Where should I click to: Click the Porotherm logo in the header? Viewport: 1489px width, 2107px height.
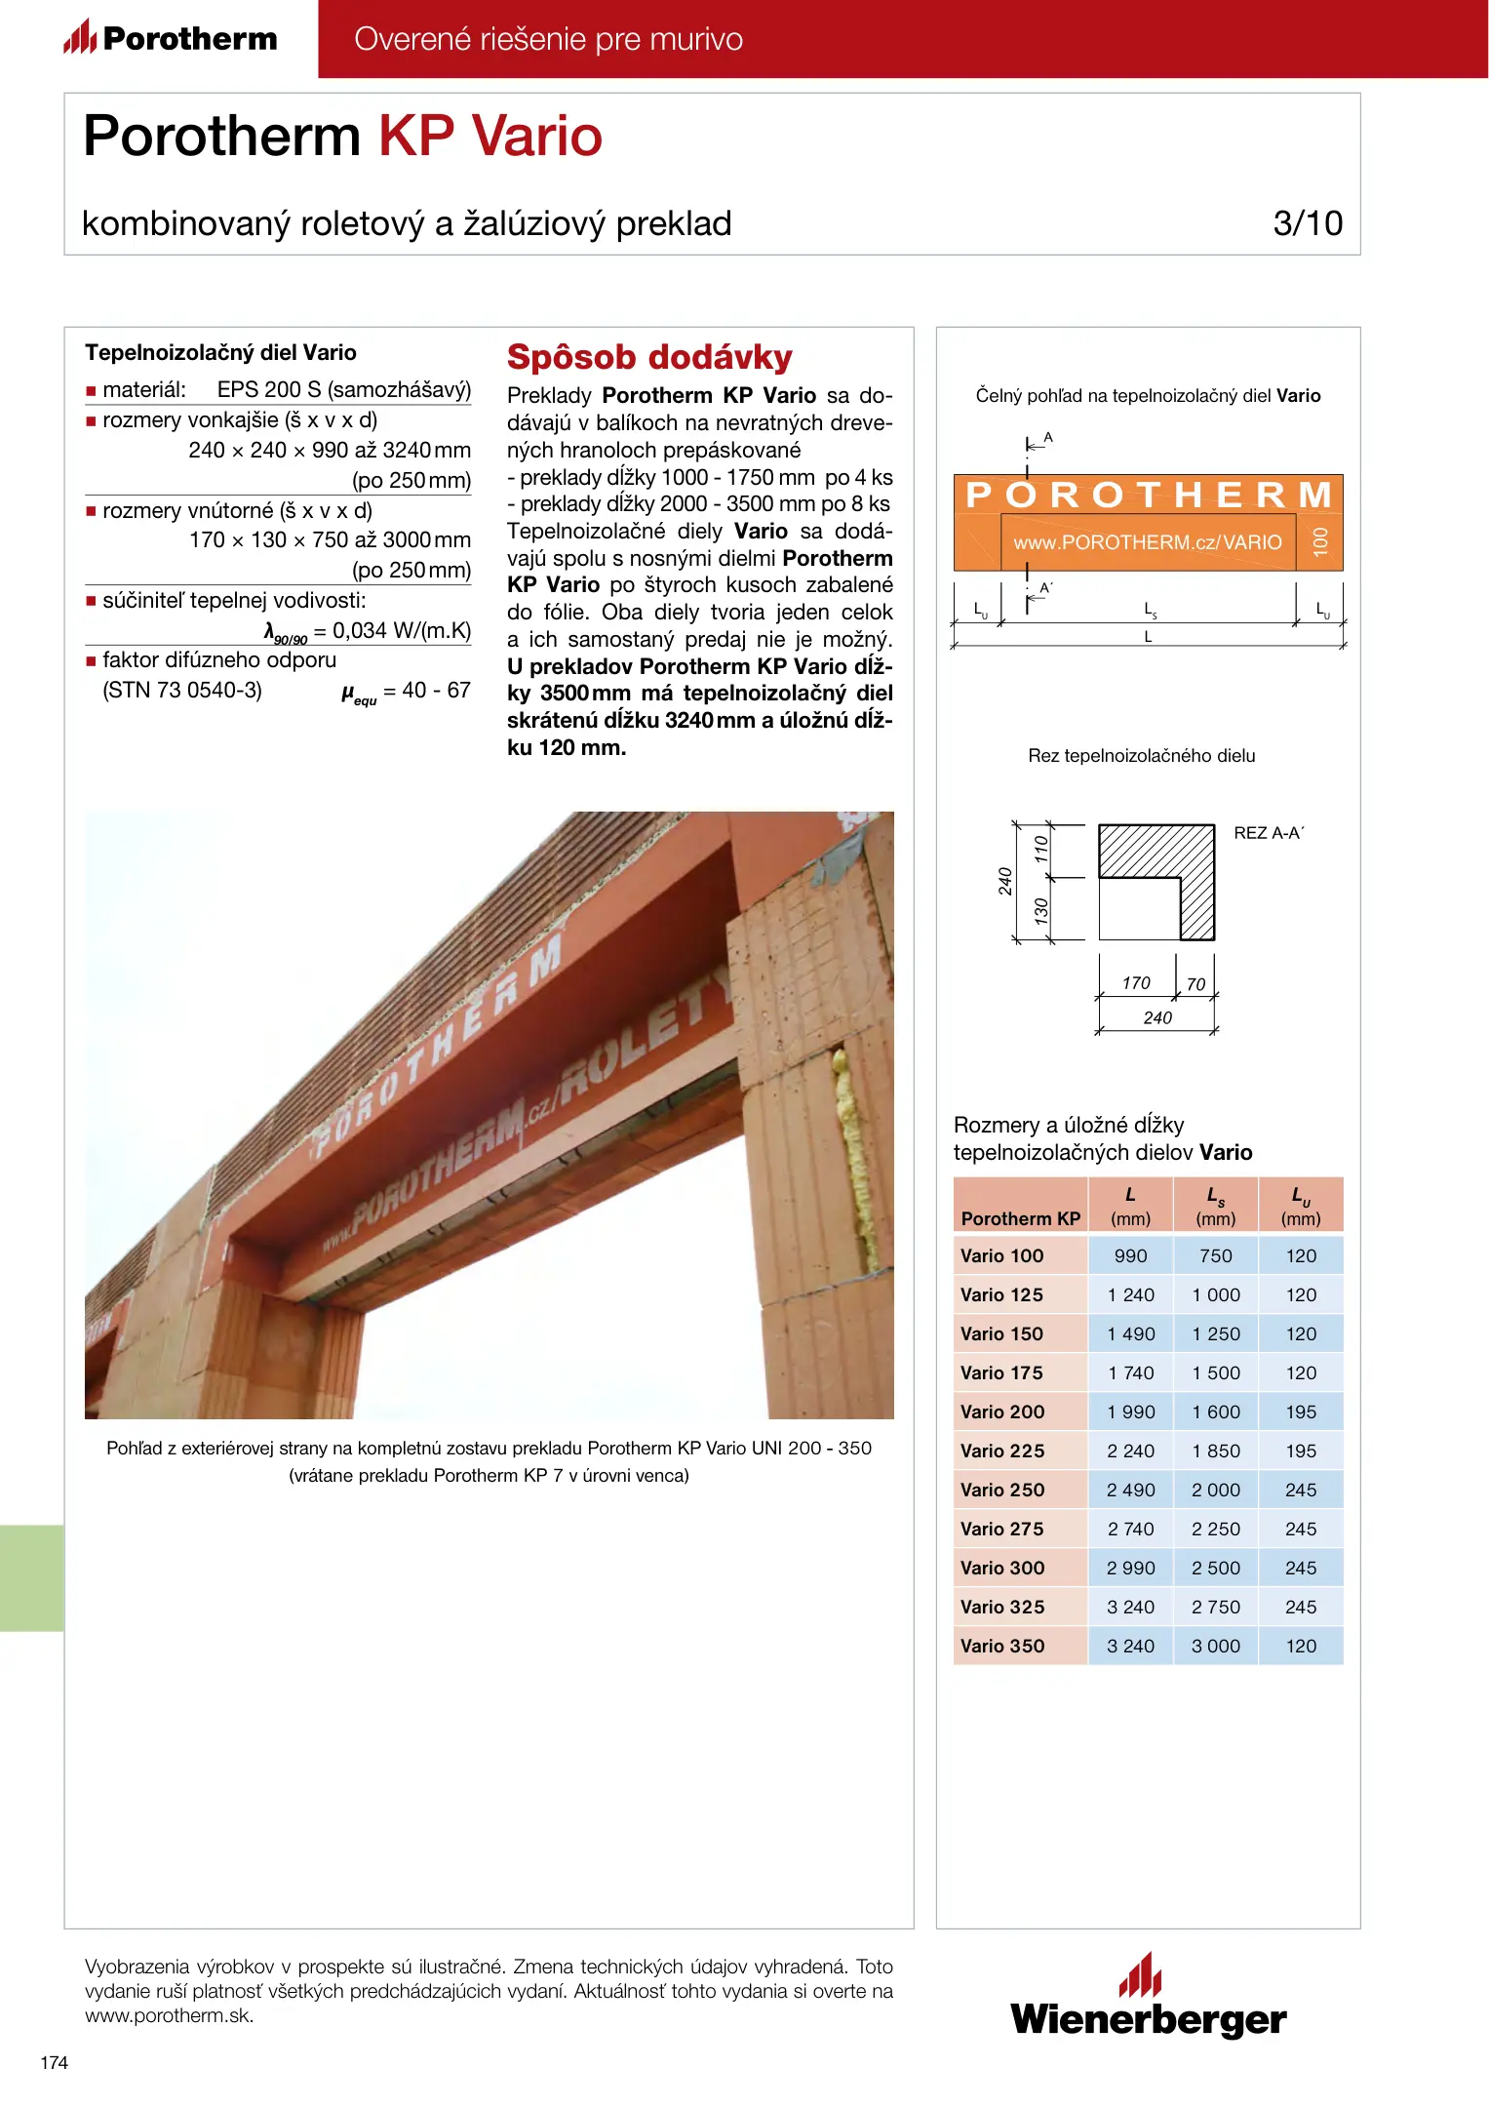(x=171, y=38)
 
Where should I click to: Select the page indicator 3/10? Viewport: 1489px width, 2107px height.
(x=1308, y=223)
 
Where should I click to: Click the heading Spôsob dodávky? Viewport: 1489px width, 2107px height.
(x=649, y=357)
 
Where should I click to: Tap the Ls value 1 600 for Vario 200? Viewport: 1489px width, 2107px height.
(x=1216, y=1411)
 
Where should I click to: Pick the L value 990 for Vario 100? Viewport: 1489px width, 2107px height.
(x=1130, y=1255)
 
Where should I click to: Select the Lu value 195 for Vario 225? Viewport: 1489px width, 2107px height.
(x=1301, y=1451)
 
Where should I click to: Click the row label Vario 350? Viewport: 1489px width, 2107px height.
(x=1002, y=1646)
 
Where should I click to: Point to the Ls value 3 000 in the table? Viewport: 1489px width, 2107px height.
(x=1216, y=1646)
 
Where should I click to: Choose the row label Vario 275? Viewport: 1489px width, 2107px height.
(x=1002, y=1529)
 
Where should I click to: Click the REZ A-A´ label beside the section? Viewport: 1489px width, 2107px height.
(x=1269, y=833)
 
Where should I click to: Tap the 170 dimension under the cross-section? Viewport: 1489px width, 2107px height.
(x=1136, y=983)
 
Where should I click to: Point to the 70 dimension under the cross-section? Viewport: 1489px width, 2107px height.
(x=1196, y=985)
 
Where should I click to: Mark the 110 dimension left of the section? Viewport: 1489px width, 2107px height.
(x=1041, y=849)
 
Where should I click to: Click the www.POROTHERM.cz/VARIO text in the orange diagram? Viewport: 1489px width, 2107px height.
(x=1148, y=542)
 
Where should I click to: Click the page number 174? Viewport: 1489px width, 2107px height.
(x=55, y=2062)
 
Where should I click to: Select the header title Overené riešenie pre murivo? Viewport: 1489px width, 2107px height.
(x=548, y=39)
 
